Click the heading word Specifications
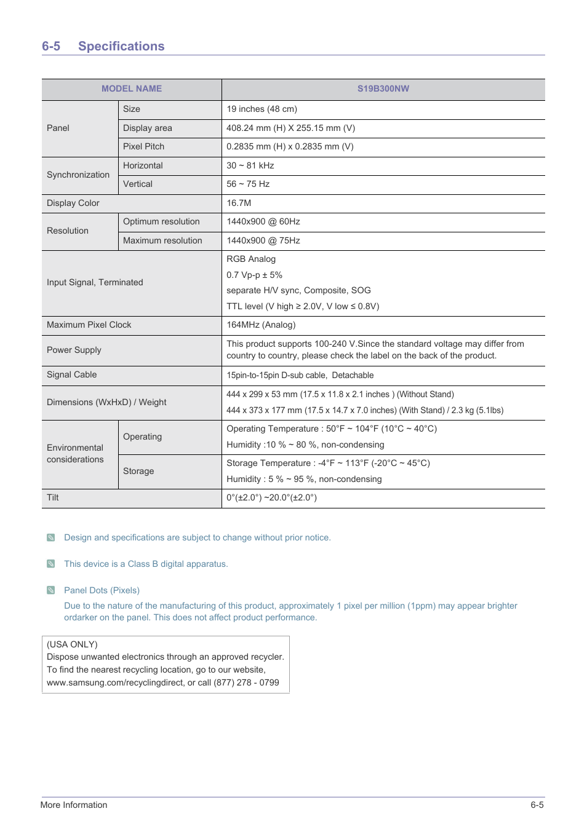coord(121,46)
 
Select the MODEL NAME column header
coord(132,89)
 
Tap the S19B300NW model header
coord(383,89)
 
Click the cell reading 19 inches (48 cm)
coord(262,109)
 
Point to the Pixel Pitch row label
coord(143,146)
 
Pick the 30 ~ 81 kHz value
coord(250,165)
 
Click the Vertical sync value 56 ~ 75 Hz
coord(248,184)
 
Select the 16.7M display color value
coord(239,203)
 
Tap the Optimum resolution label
coord(161,221)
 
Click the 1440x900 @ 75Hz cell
coord(263,240)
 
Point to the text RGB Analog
coord(251,259)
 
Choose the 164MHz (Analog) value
coord(261,325)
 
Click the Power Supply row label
coord(74,350)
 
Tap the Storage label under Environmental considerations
coord(138,471)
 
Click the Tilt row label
coord(53,497)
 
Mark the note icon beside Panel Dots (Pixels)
coord(51,590)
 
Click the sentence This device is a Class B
coord(146,564)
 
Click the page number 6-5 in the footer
coord(537,805)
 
